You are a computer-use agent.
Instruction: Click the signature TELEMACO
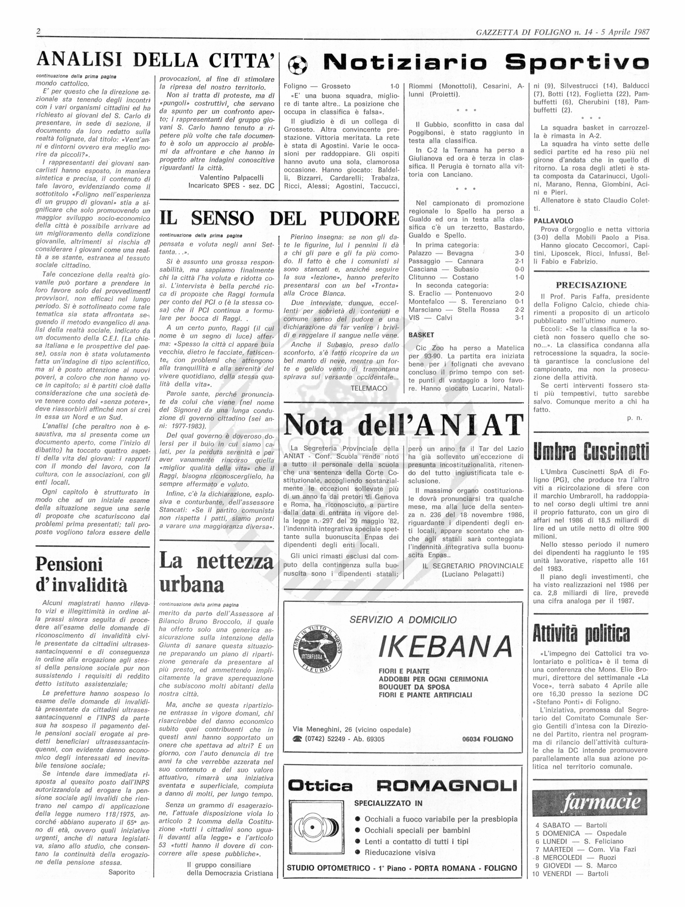(x=369, y=388)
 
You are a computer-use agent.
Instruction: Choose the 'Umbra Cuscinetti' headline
(x=591, y=452)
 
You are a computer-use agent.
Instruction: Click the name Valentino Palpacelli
(x=231, y=178)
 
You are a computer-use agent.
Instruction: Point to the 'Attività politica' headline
(x=581, y=634)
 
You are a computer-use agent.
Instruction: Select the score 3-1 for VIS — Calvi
(x=519, y=317)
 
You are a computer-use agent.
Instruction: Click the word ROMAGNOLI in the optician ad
(x=446, y=786)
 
